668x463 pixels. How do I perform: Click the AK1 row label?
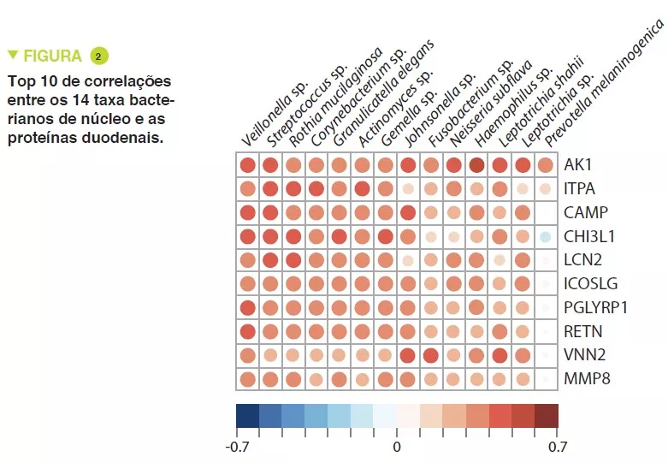coord(578,165)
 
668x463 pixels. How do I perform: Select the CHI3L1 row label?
coord(590,236)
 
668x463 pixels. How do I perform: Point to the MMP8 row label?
coord(584,378)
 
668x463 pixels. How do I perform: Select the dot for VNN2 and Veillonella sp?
coord(248,354)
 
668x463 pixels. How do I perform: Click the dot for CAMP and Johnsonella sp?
coord(408,212)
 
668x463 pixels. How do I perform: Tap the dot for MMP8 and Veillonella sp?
coord(248,378)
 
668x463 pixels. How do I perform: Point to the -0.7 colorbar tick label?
coord(237,446)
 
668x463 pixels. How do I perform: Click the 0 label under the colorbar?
coord(397,446)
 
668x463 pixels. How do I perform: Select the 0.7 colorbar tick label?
coord(557,446)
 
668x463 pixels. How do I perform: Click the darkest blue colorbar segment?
coord(247,416)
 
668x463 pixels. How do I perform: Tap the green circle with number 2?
coord(98,56)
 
